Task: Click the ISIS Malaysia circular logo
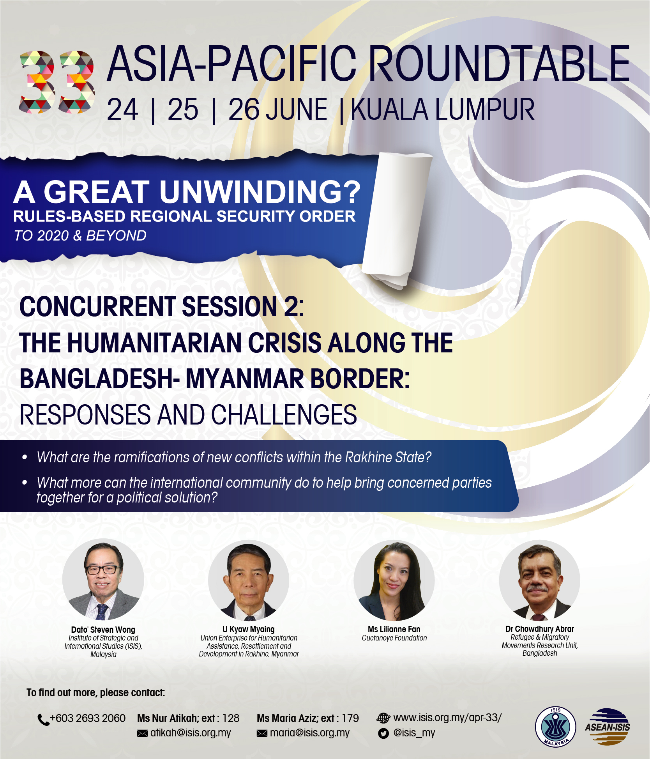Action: [x=555, y=727]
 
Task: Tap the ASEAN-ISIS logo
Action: [x=607, y=727]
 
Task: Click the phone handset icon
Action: [x=43, y=720]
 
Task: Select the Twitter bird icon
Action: [x=383, y=734]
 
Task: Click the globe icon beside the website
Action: [x=383, y=718]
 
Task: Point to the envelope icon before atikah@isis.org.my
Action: [x=142, y=733]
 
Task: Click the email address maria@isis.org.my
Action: [x=310, y=733]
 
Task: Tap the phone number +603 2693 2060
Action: [x=88, y=718]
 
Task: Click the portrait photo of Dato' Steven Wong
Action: [x=103, y=580]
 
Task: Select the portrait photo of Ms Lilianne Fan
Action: [x=394, y=580]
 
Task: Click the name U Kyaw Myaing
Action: [x=249, y=629]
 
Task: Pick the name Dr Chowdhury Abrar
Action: [x=540, y=629]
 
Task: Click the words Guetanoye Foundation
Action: [x=394, y=638]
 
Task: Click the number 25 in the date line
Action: [x=183, y=110]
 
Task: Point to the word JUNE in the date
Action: [x=297, y=110]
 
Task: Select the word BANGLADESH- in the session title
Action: [x=99, y=379]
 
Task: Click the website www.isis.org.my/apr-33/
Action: [x=447, y=718]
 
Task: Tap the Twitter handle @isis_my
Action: [x=414, y=733]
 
